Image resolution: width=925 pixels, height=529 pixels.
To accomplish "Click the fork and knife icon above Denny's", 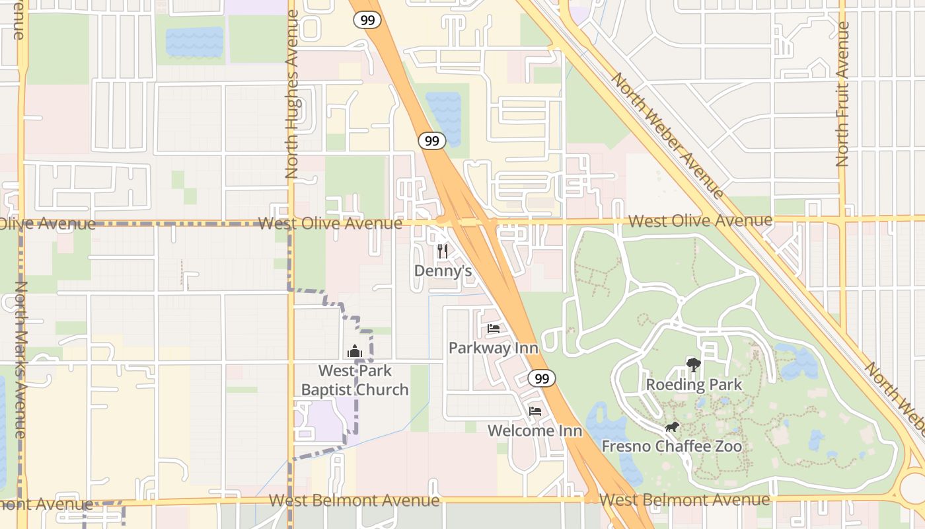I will tap(443, 251).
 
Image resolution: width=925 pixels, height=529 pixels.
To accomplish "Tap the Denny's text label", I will tap(443, 270).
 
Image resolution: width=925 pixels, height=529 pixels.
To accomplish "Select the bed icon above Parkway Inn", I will tap(494, 328).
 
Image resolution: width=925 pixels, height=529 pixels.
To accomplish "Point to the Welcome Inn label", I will tap(535, 431).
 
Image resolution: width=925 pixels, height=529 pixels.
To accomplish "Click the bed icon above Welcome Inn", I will tap(535, 411).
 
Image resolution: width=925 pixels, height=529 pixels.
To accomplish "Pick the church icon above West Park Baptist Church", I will tap(355, 351).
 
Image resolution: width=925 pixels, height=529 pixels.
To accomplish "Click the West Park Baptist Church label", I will tap(355, 380).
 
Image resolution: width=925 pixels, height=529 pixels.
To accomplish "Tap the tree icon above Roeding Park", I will tap(693, 364).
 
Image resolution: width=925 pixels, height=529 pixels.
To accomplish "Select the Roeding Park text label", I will tap(694, 385).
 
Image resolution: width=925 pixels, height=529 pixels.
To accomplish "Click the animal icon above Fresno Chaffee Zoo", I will tap(672, 427).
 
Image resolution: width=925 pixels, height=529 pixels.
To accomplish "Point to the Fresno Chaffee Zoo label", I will tap(671, 447).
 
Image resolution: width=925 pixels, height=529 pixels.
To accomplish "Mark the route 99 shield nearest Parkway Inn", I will tap(541, 378).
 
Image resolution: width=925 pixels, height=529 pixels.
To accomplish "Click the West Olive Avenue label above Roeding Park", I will tap(700, 221).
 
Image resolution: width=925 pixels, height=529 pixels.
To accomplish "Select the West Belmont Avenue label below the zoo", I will tap(684, 500).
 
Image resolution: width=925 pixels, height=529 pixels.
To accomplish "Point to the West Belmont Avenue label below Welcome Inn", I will tap(354, 501).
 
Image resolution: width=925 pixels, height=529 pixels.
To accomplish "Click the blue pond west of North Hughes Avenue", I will tap(194, 42).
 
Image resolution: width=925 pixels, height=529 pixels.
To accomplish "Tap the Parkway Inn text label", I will tap(494, 348).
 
